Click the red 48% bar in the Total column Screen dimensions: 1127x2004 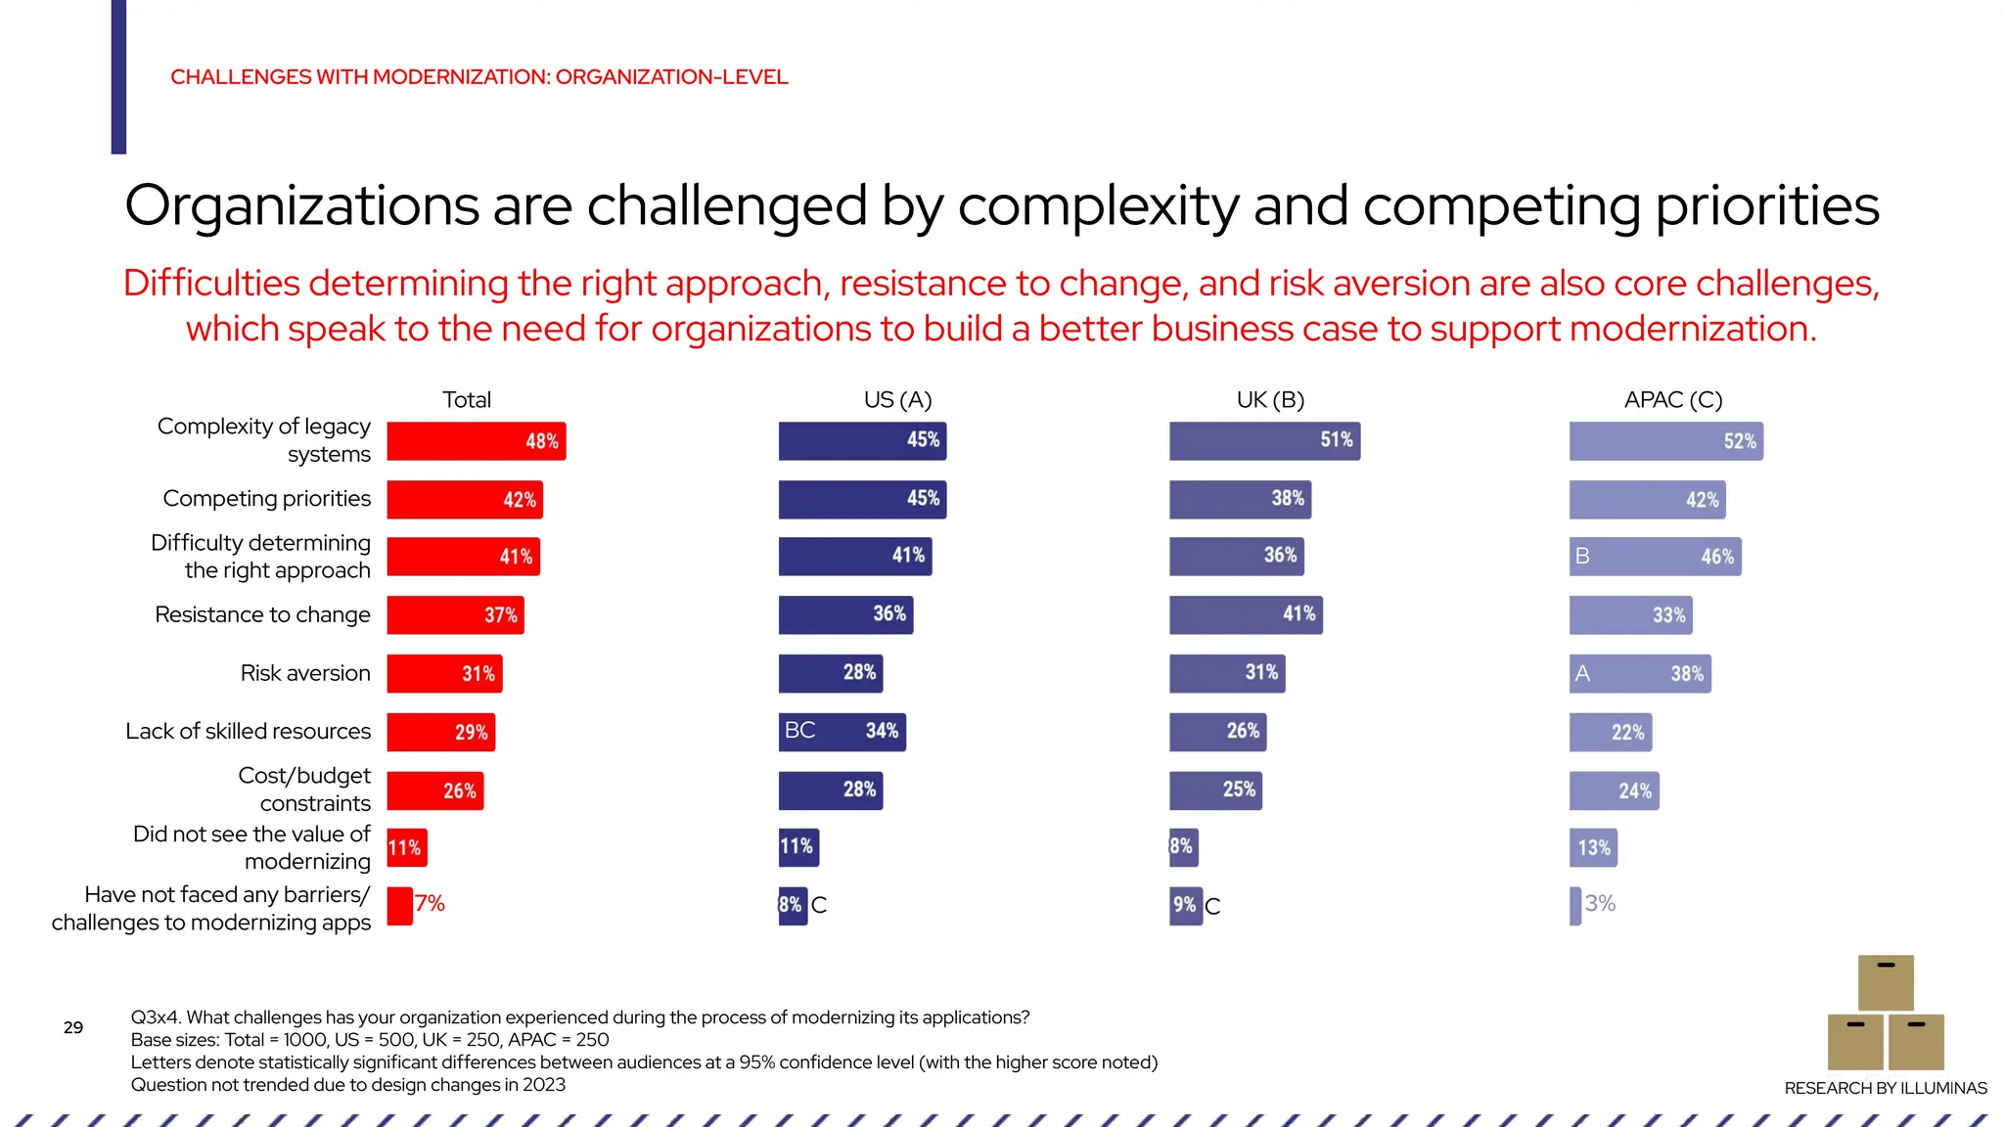coord(477,441)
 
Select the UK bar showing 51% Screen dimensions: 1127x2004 coord(1264,440)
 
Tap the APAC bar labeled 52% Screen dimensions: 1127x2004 coord(1665,441)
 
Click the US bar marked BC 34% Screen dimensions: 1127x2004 coord(842,732)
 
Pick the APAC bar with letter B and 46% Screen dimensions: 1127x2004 coord(1655,557)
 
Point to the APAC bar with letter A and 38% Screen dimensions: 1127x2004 coord(1640,674)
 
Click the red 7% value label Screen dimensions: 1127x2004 coord(430,904)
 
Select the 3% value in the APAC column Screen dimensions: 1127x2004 coord(1600,904)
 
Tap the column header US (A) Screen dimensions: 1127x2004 coord(897,400)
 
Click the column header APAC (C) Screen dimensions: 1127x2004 coord(1673,400)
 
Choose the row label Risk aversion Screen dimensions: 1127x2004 coord(305,674)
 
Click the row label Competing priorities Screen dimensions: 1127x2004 coord(267,499)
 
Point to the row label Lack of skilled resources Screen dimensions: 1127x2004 coord(249,732)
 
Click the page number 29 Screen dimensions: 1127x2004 coord(73,1027)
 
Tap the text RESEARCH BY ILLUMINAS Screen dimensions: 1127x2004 coord(1886,1088)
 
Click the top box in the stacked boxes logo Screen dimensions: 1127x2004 coord(1886,982)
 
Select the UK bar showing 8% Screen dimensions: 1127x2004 coord(1182,847)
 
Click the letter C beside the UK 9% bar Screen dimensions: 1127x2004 coord(1212,907)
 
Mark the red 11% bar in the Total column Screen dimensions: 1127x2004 coord(406,848)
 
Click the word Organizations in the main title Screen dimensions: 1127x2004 coord(301,206)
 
